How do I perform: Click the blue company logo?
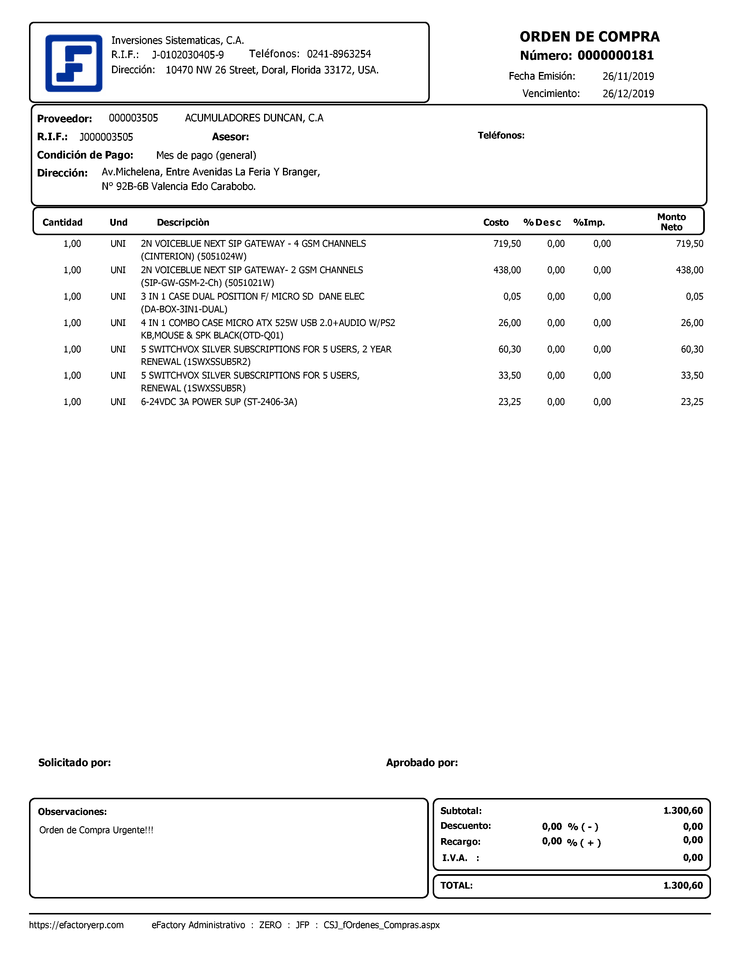coord(74,63)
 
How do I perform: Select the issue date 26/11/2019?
coord(628,76)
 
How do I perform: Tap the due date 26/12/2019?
coord(628,94)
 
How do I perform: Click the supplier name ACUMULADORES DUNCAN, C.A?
coord(254,118)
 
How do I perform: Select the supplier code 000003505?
coord(133,118)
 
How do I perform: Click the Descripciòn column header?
coord(183,222)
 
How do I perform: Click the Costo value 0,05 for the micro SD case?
coord(512,296)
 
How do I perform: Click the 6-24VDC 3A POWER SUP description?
coord(219,402)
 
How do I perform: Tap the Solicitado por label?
coord(75,763)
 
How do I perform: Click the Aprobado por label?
coord(422,763)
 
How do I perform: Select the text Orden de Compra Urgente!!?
coord(96,830)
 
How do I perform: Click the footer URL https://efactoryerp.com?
coord(76,925)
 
